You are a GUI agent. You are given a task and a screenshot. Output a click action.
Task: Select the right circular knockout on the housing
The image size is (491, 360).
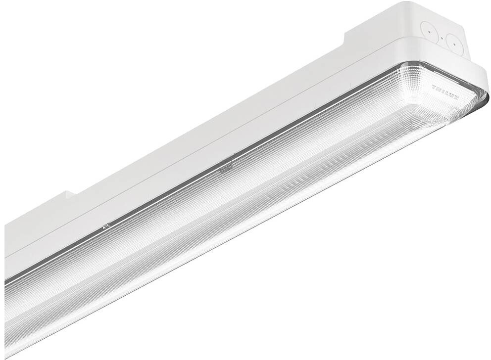click(x=454, y=44)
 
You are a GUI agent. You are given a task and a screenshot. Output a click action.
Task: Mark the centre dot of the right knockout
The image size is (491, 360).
click(x=454, y=44)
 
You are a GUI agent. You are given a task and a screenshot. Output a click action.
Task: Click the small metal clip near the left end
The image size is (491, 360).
click(x=105, y=226)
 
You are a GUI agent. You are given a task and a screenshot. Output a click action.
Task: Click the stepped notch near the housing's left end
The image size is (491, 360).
click(x=69, y=195)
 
